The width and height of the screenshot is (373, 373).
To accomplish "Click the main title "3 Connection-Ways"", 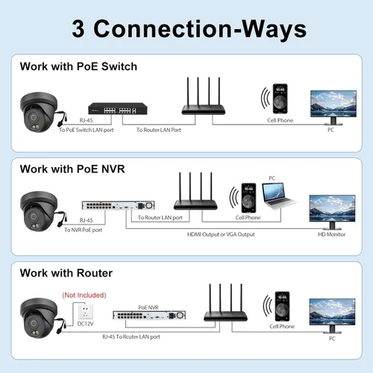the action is tap(189, 29).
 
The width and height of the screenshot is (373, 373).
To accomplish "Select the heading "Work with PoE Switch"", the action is tap(78, 66).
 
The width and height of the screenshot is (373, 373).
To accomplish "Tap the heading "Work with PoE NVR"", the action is tap(72, 169).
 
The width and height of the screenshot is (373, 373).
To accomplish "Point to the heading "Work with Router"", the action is tap(66, 273).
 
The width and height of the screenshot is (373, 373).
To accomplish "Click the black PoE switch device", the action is tap(118, 109).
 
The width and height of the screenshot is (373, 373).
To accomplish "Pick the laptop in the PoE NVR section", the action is tap(279, 195).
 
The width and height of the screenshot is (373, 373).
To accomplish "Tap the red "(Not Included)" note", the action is tap(84, 295).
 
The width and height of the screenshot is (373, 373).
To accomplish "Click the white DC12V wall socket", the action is tap(85, 312).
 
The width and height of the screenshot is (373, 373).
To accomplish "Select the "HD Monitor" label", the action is tap(332, 234).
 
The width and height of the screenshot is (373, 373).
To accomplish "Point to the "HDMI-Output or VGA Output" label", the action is tap(221, 234).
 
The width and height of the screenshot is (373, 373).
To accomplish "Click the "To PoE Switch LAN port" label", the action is tap(87, 130).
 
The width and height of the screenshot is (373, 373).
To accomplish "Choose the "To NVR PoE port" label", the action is tap(84, 230).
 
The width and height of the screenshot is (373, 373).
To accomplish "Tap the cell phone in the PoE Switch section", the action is tap(280, 98).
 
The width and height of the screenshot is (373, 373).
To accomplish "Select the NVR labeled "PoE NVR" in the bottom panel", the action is tap(149, 316).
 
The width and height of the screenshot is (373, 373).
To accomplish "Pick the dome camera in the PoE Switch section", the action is tap(40, 112).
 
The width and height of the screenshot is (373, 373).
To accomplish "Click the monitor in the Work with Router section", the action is tap(332, 316).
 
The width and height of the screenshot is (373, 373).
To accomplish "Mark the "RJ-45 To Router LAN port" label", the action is tap(131, 336).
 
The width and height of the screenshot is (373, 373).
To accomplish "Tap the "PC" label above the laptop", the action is tap(272, 178).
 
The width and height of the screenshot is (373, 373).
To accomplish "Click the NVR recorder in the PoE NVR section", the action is tap(119, 205).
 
